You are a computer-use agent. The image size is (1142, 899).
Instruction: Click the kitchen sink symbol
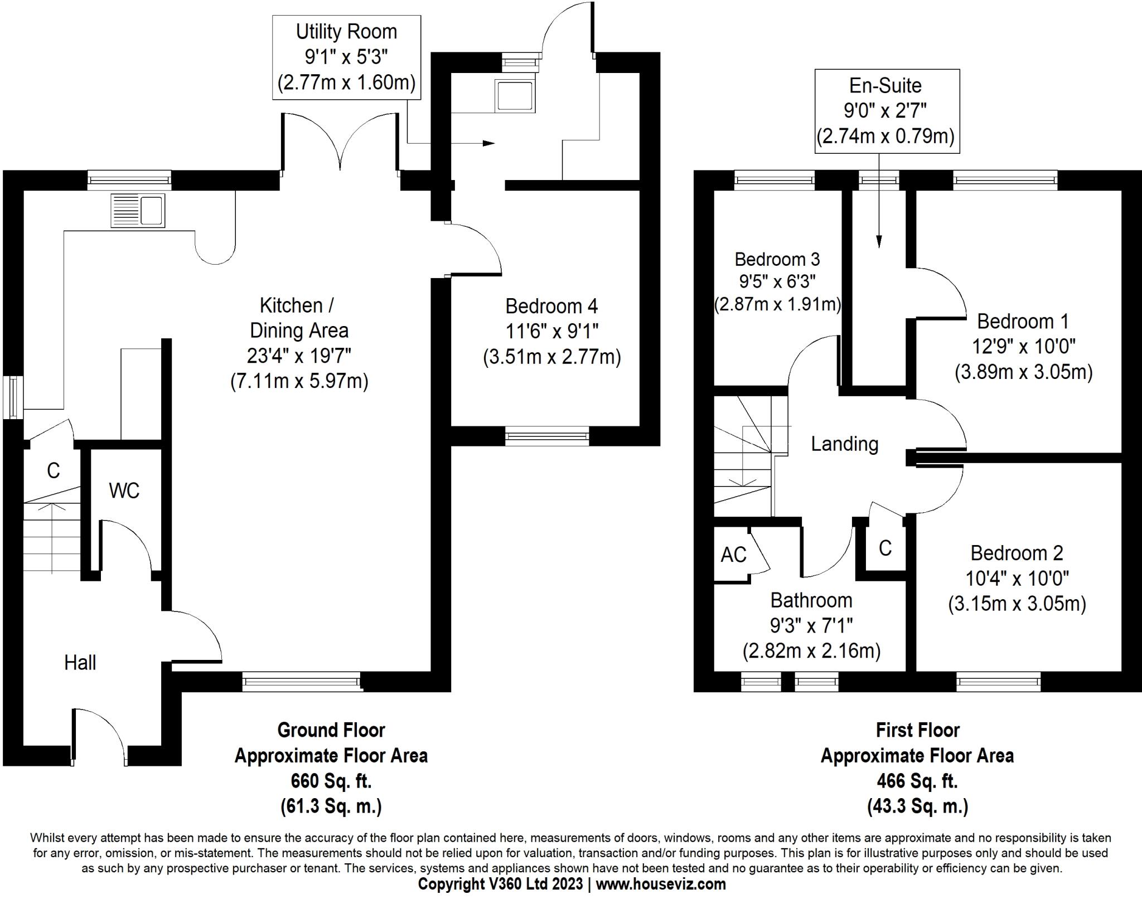click(138, 210)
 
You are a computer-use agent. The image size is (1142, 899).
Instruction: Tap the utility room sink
click(516, 95)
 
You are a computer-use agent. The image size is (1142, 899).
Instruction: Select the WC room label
click(124, 490)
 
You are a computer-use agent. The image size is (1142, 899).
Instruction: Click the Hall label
click(80, 663)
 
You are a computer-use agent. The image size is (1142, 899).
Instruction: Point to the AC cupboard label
click(733, 555)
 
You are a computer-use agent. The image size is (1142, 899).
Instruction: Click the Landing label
click(844, 444)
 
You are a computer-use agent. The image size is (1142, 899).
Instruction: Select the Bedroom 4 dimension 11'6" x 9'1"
click(551, 332)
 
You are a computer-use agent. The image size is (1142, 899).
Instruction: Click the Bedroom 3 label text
click(777, 259)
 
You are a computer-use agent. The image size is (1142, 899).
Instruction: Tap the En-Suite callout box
click(887, 111)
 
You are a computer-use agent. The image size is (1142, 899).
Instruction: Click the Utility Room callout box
click(346, 57)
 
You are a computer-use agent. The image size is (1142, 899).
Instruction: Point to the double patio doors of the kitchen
click(340, 142)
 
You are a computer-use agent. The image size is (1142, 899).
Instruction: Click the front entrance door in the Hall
click(99, 736)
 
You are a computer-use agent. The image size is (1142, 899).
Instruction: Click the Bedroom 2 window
click(998, 681)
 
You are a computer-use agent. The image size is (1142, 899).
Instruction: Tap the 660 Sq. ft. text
click(331, 781)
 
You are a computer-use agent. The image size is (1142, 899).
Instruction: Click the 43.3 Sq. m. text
click(917, 806)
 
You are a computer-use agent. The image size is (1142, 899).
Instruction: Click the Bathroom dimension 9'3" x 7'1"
click(811, 626)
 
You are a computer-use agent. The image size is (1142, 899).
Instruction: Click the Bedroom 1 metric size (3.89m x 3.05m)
click(1023, 372)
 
